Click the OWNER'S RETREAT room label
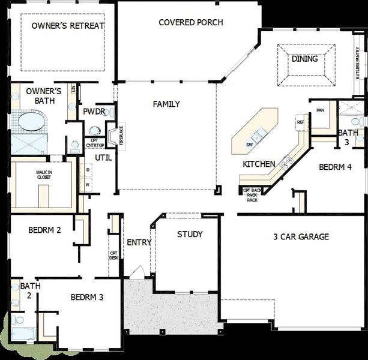coord(68,26)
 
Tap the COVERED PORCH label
coord(191,23)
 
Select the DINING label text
coord(305,59)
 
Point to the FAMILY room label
coord(166,104)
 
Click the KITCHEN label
coord(259,164)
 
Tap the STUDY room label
coord(190,235)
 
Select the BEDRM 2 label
coord(44,230)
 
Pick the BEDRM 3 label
coord(87,297)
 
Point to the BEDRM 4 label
coord(335,167)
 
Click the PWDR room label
coord(94,112)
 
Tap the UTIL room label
coord(102,158)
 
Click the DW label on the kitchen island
coord(249,145)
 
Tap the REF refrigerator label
coord(300,122)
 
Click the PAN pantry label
coord(319,110)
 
